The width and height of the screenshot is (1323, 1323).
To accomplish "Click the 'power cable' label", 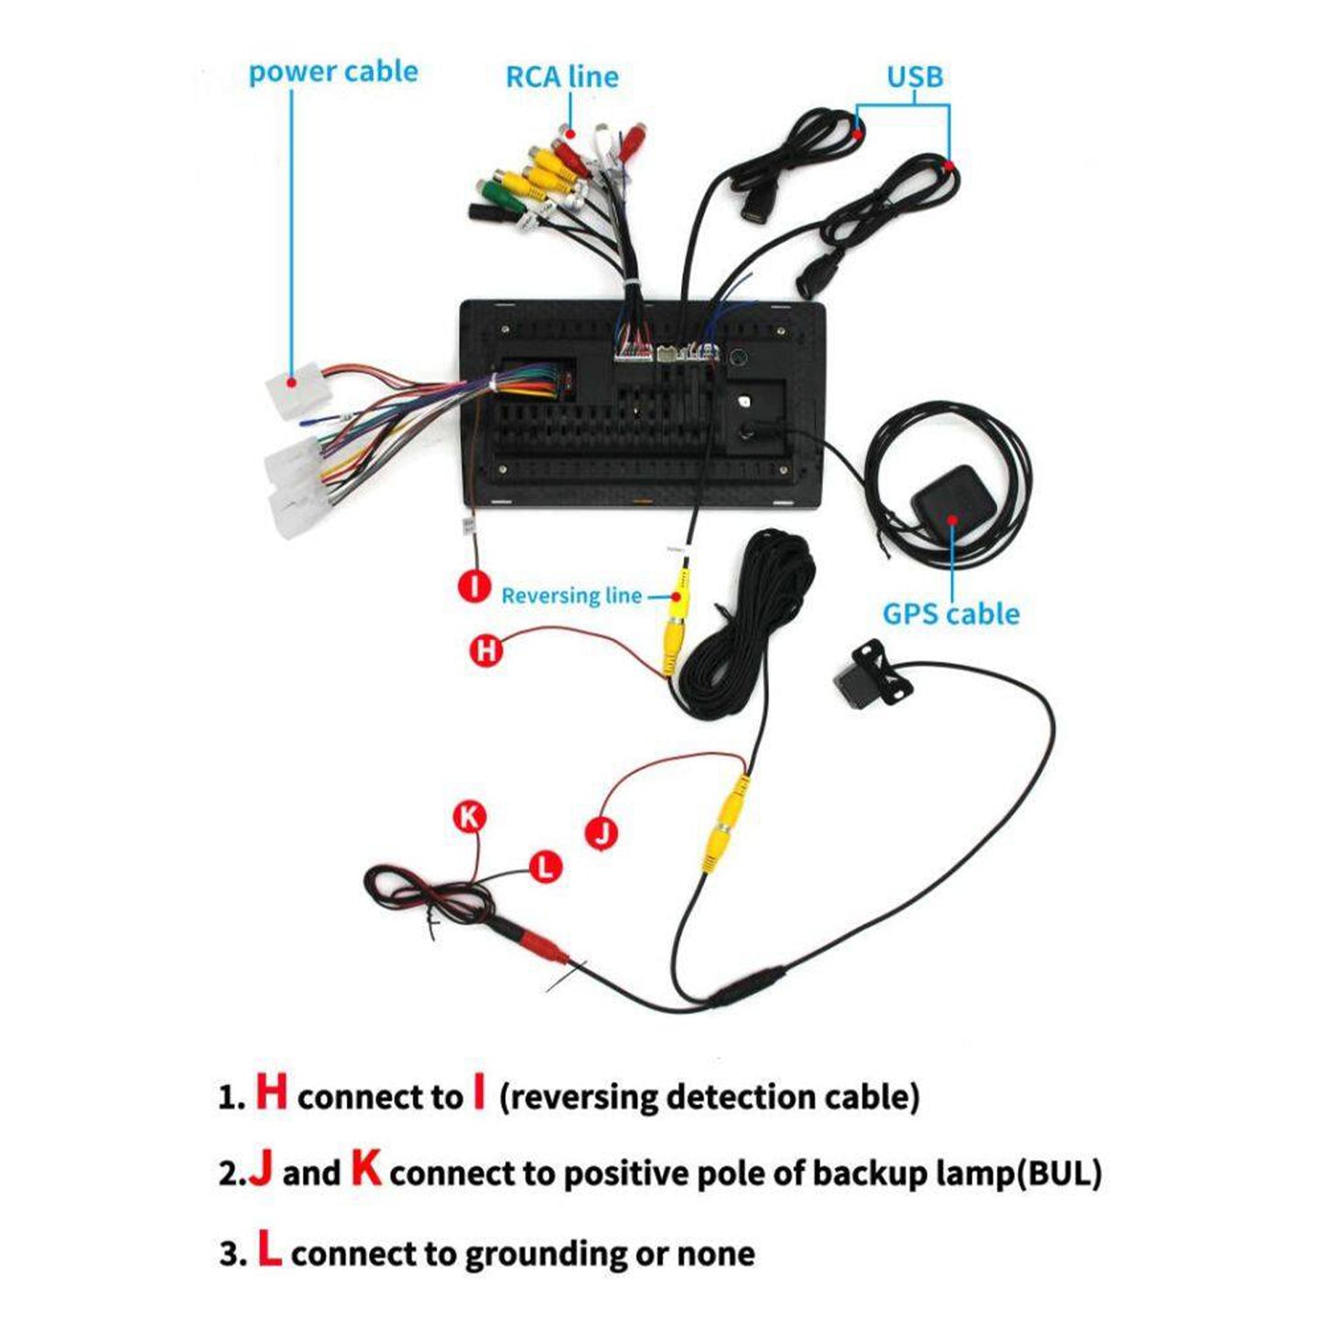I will pos(332,72).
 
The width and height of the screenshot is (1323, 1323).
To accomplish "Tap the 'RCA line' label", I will pos(561,77).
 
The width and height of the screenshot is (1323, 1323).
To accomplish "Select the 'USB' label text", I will pos(914,77).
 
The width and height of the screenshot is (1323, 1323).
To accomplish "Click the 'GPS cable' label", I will pos(950,613).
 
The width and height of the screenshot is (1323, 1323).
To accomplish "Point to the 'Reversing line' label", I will pos(571,596).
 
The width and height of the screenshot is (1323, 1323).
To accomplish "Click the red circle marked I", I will pos(474,585).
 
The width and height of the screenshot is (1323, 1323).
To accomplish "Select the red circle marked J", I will pos(601,832).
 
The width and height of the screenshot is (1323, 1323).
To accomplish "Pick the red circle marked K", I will pos(470,817).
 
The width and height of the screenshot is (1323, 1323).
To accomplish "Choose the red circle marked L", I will pos(546,866).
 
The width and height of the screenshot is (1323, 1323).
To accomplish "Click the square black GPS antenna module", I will pos(946,500).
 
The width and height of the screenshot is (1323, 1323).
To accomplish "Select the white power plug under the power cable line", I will pos(295,388).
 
